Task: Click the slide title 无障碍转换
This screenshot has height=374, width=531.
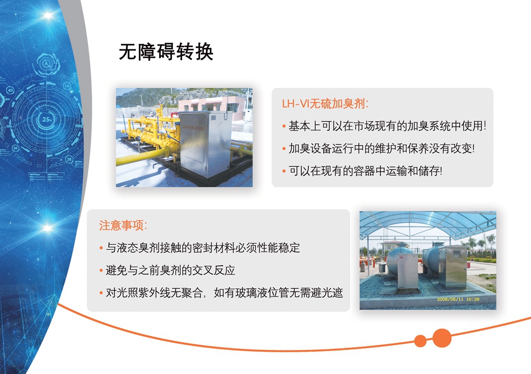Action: click(166, 52)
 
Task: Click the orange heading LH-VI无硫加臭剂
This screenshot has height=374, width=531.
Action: click(325, 103)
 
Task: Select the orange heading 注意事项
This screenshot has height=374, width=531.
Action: click(123, 225)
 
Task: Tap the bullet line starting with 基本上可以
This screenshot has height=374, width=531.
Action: click(387, 126)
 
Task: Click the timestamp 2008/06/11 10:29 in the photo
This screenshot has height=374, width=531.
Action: click(458, 299)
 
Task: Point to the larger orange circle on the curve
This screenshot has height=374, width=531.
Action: click(442, 338)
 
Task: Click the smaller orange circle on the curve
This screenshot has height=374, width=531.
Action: click(420, 341)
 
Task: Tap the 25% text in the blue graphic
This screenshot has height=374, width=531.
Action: click(47, 119)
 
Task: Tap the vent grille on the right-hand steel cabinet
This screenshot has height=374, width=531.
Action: click(458, 253)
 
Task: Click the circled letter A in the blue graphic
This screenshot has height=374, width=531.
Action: click(47, 63)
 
